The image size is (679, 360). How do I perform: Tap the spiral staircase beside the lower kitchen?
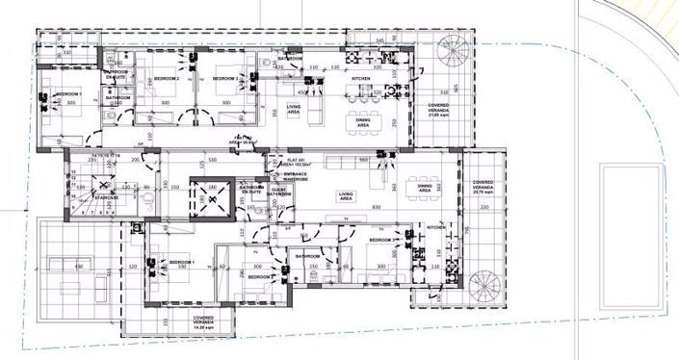483,285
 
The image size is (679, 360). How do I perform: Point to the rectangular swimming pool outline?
631,236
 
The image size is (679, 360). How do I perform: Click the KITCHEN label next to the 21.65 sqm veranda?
360,79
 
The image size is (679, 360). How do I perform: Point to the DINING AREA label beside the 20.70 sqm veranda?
425,189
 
